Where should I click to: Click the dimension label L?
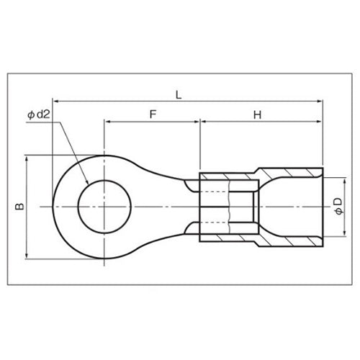(179, 95)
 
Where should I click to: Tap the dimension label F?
(153, 114)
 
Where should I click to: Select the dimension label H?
(258, 115)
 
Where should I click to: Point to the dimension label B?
(19, 207)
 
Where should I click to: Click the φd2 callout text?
(39, 114)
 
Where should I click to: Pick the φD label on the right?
(338, 206)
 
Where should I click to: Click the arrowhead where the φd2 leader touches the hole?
(87, 181)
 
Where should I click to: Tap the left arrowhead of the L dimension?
(55, 102)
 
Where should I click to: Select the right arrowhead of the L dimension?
(320, 102)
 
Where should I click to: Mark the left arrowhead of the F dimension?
(107, 122)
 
